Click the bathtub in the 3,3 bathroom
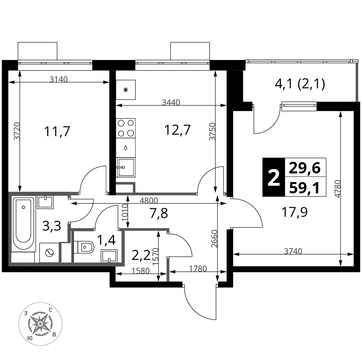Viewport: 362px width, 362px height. pos(23,224)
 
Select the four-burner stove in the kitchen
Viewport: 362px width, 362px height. pos(126,128)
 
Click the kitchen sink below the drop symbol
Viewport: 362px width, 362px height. pos(126,167)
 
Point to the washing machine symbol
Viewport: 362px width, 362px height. pos(49,253)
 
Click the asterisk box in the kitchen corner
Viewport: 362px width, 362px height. pos(126,90)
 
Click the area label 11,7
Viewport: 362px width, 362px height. pos(57,132)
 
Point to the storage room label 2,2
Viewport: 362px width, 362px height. pos(141,255)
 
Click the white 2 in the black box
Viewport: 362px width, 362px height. pos(274,177)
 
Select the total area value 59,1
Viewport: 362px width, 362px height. pos(304,188)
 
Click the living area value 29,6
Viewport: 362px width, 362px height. pos(305,168)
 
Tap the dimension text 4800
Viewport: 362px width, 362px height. pos(149,201)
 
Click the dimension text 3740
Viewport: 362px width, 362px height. pos(293,251)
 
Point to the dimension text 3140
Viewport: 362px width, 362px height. pos(59,79)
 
